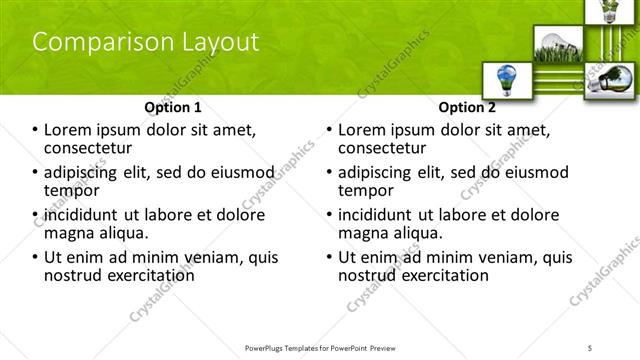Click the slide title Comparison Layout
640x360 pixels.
coord(146,42)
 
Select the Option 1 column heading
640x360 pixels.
coord(173,107)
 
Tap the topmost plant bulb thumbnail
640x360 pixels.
coord(608,12)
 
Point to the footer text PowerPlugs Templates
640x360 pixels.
coord(290,347)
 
